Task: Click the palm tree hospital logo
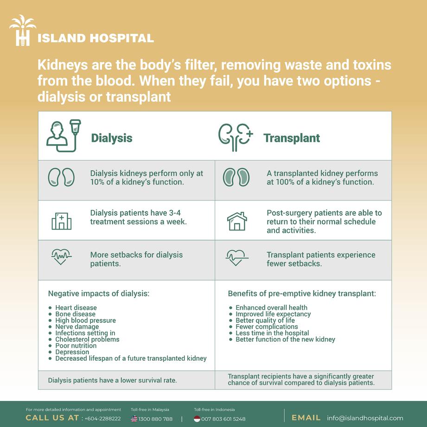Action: click(x=22, y=30)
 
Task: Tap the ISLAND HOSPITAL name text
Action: click(x=95, y=38)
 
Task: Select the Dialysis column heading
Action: click(x=111, y=138)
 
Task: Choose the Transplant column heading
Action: click(x=292, y=138)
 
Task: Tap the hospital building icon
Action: click(x=61, y=221)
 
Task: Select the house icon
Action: click(x=237, y=221)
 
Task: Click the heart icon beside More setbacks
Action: click(x=61, y=256)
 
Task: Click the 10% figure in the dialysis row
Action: click(x=98, y=182)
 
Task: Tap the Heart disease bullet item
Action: click(x=76, y=307)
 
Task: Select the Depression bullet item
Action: click(x=72, y=352)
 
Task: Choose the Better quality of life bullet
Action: click(x=265, y=320)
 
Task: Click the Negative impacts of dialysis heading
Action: click(x=99, y=293)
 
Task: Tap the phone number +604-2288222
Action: click(x=102, y=419)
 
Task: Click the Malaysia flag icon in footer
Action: click(x=134, y=419)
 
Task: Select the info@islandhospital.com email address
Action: click(x=365, y=418)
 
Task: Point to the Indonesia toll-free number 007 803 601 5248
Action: click(x=223, y=419)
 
